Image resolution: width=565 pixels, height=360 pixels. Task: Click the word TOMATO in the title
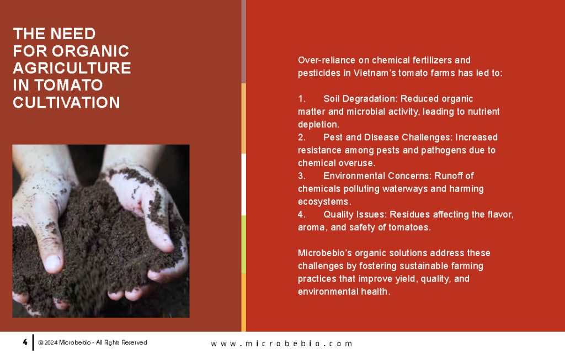[x=68, y=85]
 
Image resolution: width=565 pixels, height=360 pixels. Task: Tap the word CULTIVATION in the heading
[x=66, y=103]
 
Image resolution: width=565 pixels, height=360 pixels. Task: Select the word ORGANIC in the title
[x=90, y=51]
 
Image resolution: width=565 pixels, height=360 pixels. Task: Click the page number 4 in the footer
[x=25, y=342]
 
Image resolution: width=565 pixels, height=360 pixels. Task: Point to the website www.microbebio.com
[x=281, y=343]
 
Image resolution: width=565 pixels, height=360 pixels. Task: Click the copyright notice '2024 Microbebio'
[x=65, y=342]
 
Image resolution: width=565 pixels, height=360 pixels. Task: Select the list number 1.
[x=302, y=99]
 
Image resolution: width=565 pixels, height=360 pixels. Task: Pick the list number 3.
[x=302, y=176]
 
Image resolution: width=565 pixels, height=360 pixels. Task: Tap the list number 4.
[x=302, y=215]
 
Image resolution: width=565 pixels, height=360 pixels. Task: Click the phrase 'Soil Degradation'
[x=360, y=99]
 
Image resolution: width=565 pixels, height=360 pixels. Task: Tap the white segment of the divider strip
[x=243, y=184]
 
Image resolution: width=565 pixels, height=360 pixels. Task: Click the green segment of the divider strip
[x=243, y=245]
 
